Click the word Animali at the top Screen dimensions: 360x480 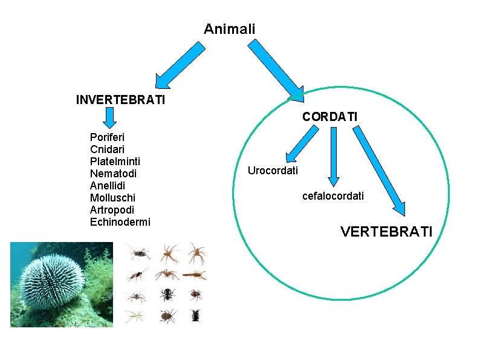229,29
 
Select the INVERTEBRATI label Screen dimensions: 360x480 120,99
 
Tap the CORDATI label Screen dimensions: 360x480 329,116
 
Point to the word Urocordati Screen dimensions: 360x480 273,171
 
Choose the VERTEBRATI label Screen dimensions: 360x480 386,231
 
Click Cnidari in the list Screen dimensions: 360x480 108,149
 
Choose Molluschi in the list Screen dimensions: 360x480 112,198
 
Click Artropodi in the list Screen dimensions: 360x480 112,210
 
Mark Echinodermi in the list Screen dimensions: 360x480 120,222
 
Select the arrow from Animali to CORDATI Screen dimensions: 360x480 275,68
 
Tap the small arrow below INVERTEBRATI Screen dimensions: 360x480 109,116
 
